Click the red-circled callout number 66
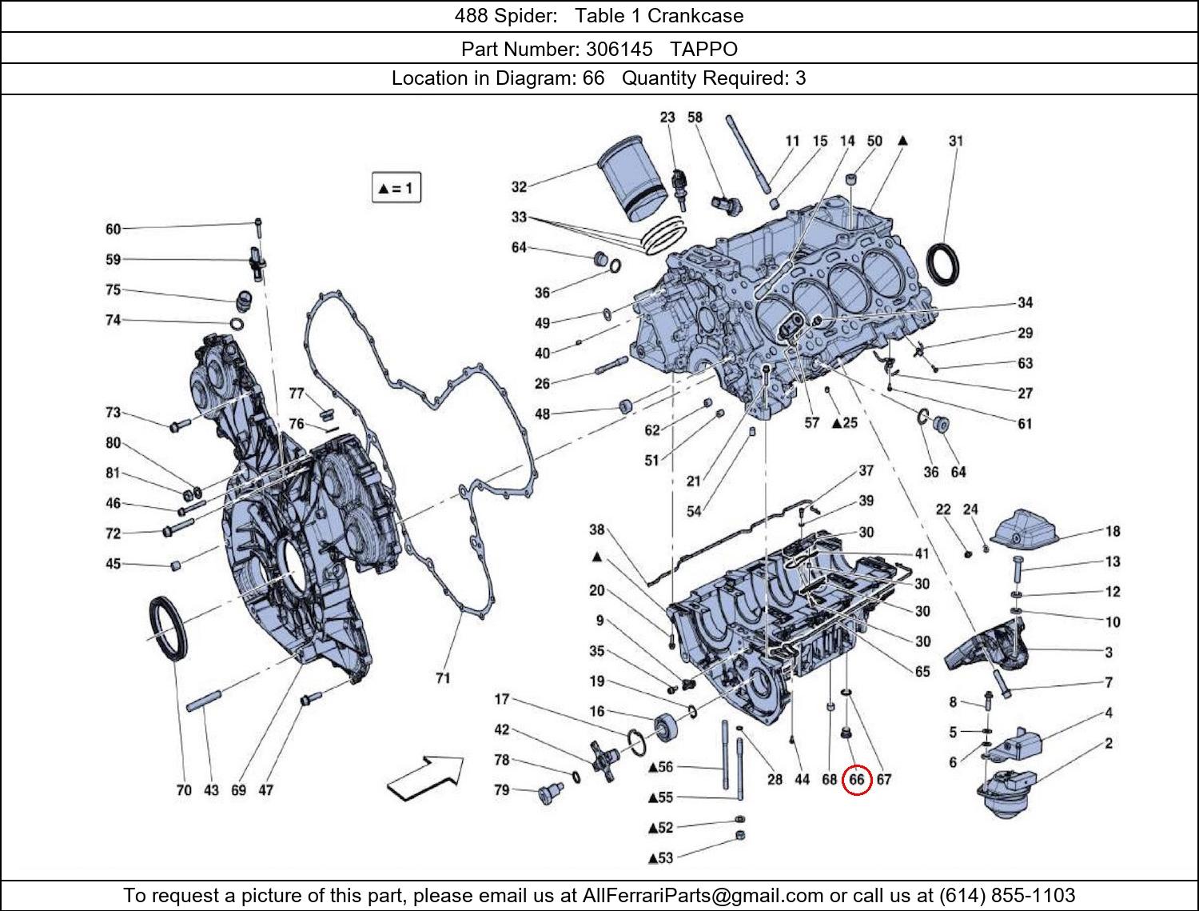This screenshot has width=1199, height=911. [856, 779]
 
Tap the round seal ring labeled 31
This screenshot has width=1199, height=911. [944, 264]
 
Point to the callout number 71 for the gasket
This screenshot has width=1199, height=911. [443, 678]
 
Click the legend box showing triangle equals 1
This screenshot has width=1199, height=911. [396, 189]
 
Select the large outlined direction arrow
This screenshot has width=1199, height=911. [426, 777]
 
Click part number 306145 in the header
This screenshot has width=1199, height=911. [619, 49]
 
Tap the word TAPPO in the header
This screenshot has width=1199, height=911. [703, 49]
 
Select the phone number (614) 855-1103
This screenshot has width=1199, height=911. [1007, 895]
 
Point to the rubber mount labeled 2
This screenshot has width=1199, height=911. [1009, 794]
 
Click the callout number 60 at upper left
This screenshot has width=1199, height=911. [114, 230]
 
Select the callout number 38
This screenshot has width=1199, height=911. [597, 529]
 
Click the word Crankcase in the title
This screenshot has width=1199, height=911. [695, 16]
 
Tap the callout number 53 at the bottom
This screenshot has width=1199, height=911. [665, 858]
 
